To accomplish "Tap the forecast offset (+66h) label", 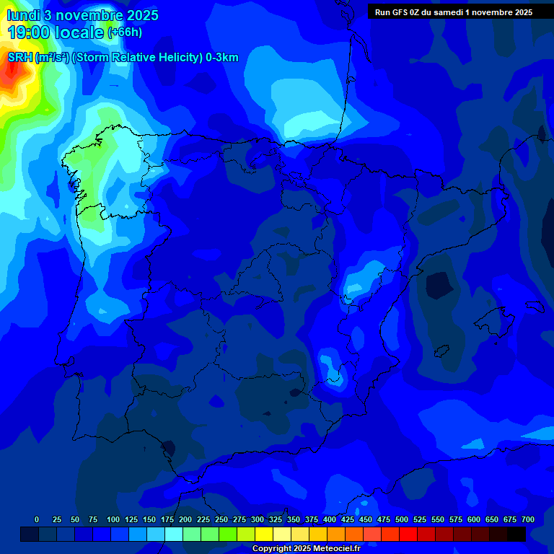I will [x=124, y=32].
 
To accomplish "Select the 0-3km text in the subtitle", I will [x=221, y=58].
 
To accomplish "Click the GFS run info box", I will [x=454, y=12].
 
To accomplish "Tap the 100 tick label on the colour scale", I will [x=113, y=519].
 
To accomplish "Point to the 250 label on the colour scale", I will [x=221, y=519].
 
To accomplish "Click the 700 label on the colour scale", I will [x=528, y=519].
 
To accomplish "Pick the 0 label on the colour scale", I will [x=37, y=519].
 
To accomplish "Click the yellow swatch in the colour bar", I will [x=264, y=534].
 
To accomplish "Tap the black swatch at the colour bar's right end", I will [x=516, y=534].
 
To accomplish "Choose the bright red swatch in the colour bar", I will [x=408, y=534].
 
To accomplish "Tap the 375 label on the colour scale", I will [x=312, y=519].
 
